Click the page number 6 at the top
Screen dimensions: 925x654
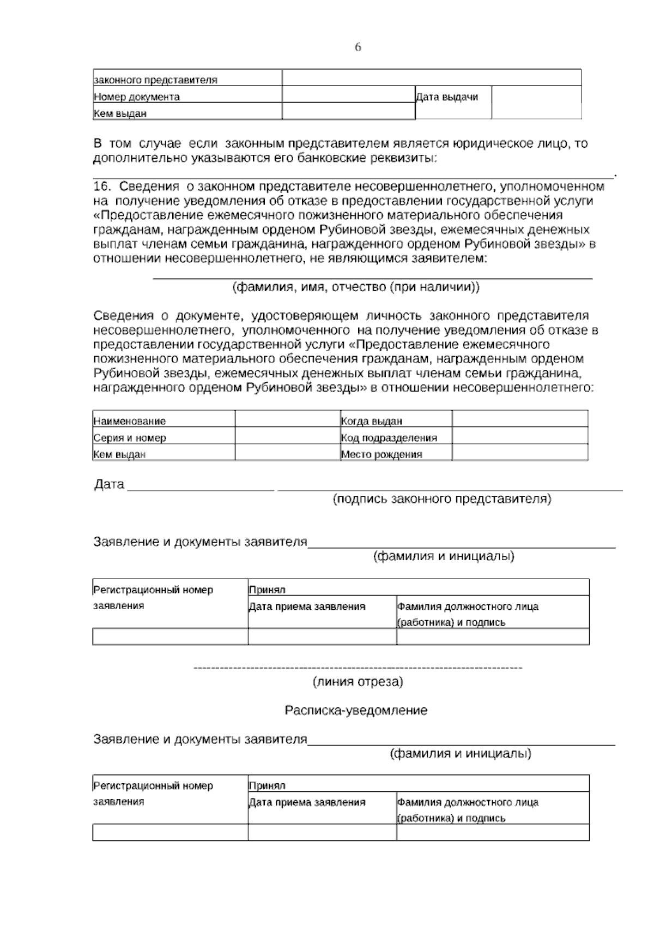coord(358,47)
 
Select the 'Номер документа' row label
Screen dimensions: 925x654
coord(137,97)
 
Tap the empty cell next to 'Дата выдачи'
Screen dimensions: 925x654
coord(536,102)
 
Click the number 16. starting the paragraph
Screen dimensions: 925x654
coord(101,187)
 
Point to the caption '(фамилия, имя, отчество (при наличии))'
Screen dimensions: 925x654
coord(356,287)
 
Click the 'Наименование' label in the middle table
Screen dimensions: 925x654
coord(130,421)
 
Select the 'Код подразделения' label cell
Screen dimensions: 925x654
coord(389,437)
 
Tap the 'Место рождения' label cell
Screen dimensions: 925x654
coord(381,454)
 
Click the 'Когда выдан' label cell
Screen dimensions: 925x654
coord(372,421)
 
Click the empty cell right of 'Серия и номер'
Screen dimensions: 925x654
coord(287,437)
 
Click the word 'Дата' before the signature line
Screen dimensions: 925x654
coord(109,484)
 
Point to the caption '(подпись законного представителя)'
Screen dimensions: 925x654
coord(442,498)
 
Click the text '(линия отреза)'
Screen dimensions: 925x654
coord(358,682)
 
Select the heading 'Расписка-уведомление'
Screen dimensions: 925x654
coord(356,711)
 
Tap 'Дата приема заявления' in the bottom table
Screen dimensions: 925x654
coord(307,802)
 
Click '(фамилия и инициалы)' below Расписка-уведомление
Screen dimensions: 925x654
coord(461,754)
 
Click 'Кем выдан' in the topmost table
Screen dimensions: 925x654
coord(120,114)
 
